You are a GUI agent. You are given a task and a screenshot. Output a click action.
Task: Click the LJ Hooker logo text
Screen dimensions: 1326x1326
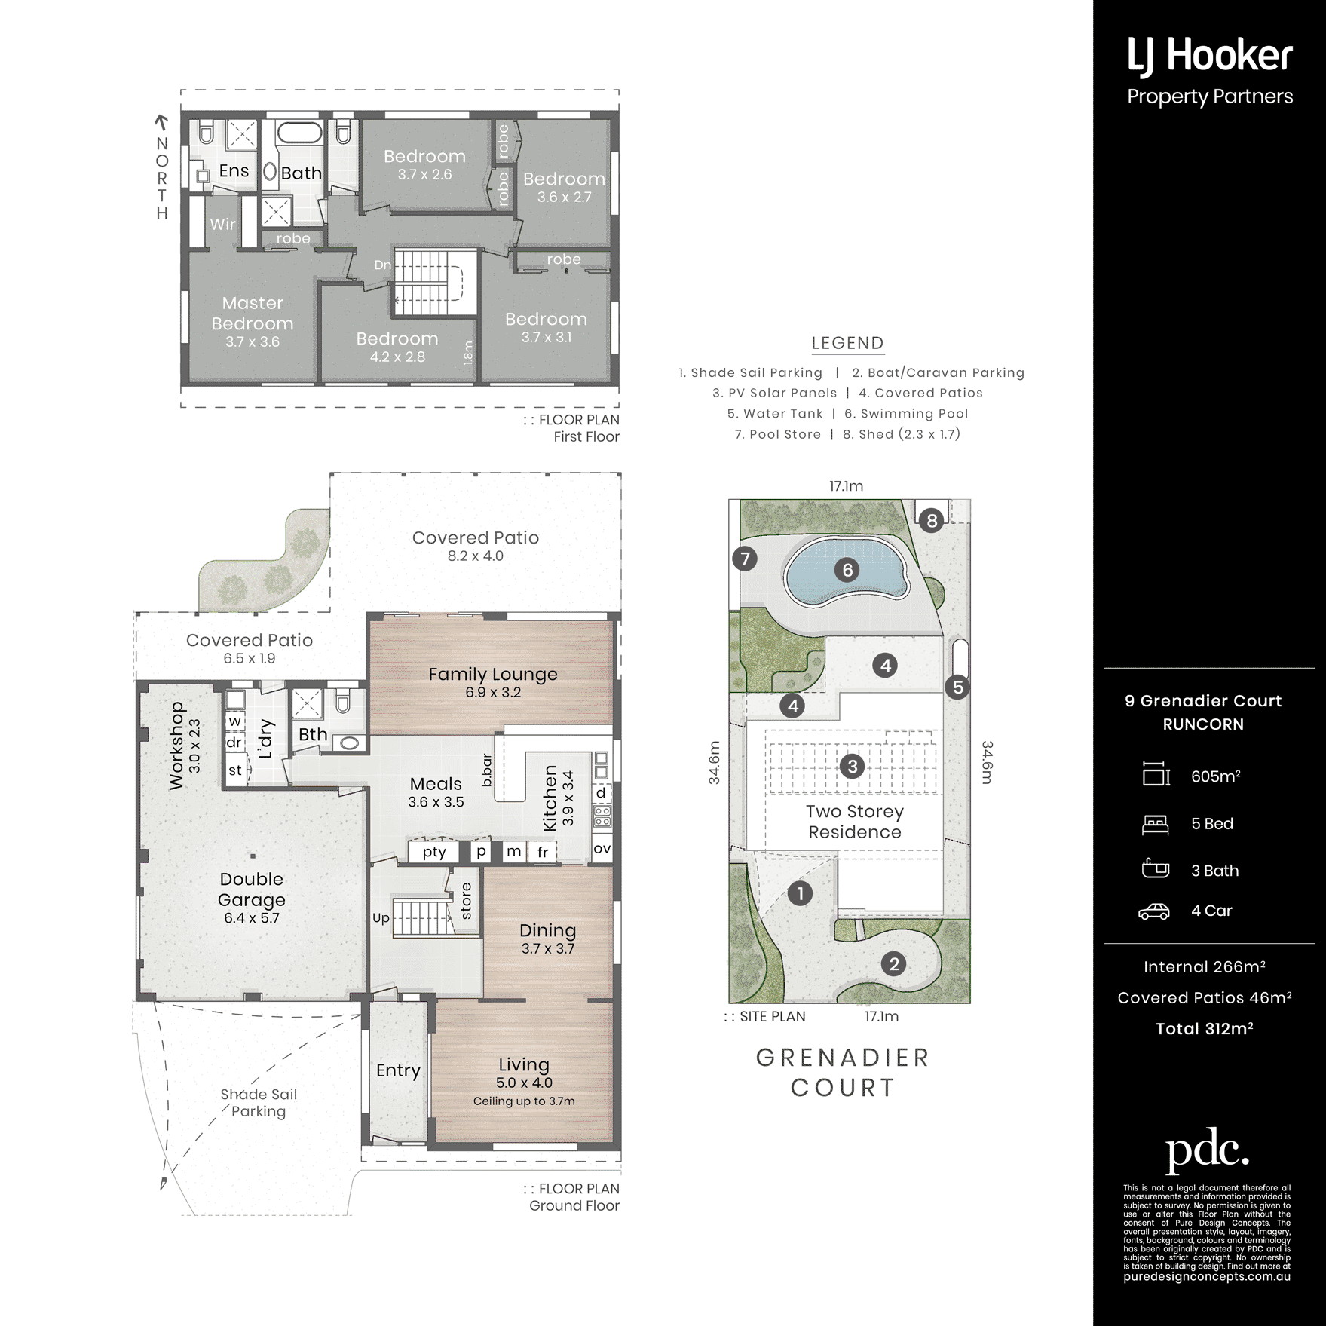click(x=1210, y=57)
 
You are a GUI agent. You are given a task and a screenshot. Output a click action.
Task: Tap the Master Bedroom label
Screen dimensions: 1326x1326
click(x=253, y=313)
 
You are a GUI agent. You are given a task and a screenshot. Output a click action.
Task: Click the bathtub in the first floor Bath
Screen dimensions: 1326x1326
click(x=299, y=133)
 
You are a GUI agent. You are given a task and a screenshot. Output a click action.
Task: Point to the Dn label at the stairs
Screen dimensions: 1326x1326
click(x=383, y=265)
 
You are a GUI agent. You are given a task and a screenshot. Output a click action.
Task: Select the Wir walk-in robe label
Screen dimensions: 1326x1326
click(x=222, y=224)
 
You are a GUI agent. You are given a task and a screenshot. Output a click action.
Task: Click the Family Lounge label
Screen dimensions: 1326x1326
click(x=493, y=674)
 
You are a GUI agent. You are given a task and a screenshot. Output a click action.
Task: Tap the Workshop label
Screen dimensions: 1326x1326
click(x=176, y=746)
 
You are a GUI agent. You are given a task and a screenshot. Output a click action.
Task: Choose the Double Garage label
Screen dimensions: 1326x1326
click(x=252, y=890)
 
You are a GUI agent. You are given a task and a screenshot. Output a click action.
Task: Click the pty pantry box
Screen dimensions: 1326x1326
click(x=434, y=852)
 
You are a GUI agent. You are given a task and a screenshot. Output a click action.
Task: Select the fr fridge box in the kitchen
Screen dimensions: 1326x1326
click(x=543, y=853)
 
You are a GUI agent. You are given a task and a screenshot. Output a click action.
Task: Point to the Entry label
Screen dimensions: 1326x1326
click(x=398, y=1070)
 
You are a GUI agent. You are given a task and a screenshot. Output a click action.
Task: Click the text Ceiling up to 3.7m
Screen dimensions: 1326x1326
click(x=524, y=1101)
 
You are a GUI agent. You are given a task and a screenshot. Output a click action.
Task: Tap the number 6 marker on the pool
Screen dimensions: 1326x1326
click(x=847, y=570)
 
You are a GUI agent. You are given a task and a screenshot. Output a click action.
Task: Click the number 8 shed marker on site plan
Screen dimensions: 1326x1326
click(x=932, y=520)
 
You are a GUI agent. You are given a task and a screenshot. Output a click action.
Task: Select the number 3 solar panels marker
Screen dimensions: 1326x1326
click(x=853, y=767)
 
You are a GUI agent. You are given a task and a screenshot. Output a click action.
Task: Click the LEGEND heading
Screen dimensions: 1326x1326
click(x=847, y=343)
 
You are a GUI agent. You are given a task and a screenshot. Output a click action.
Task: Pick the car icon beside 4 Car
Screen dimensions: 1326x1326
click(x=1153, y=911)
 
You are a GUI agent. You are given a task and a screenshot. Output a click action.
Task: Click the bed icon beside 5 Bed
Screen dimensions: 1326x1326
click(x=1155, y=825)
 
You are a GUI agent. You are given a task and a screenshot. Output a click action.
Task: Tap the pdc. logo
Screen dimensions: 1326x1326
click(x=1207, y=1150)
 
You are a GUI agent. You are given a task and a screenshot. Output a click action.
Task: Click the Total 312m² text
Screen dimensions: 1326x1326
click(x=1205, y=1029)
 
